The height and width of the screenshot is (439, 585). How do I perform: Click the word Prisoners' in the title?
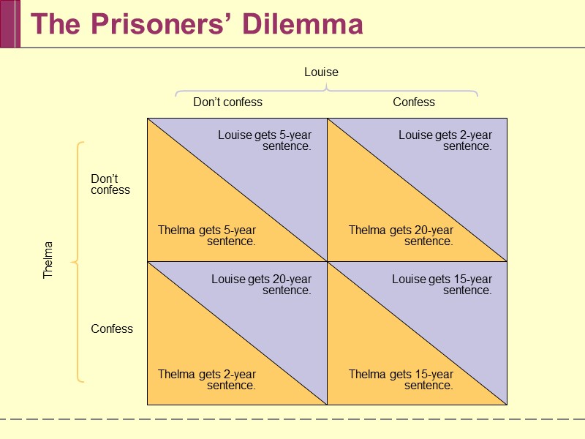pos(155,24)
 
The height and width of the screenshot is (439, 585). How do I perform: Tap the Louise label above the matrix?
pos(321,72)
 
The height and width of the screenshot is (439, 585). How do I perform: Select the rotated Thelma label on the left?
pos(48,260)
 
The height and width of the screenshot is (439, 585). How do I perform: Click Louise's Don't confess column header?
pos(227,102)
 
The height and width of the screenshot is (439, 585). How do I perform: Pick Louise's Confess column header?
pos(414,102)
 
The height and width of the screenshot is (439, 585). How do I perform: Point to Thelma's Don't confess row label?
pos(110,184)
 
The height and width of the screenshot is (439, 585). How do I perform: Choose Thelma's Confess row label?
pos(112,329)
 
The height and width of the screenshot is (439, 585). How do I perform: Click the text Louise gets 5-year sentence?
pos(265,140)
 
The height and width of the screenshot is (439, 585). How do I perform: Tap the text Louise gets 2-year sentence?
pos(445,140)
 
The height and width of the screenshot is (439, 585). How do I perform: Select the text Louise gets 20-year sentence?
pos(262,285)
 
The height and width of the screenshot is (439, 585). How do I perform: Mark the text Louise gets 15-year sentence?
pos(442,285)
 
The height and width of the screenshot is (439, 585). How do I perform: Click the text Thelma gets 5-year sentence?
pos(207,236)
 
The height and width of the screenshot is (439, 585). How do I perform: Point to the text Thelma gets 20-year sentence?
pos(401,236)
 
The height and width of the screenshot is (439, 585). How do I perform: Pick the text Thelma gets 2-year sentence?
pos(207,380)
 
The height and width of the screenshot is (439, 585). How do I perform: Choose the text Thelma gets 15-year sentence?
pos(401,380)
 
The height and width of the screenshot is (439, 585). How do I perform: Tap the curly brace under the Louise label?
pos(326,91)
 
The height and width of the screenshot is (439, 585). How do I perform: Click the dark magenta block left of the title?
pos(9,23)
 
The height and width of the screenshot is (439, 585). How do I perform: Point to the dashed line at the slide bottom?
pos(292,419)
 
